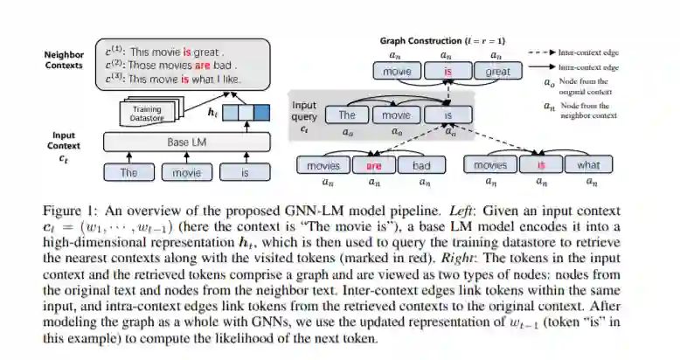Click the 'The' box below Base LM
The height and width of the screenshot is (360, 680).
[128, 172]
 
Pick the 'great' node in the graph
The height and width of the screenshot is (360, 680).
[498, 72]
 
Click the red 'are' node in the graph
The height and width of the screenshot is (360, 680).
[373, 164]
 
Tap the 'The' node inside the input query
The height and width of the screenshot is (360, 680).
[347, 114]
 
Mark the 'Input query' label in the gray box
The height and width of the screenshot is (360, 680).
[304, 111]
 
